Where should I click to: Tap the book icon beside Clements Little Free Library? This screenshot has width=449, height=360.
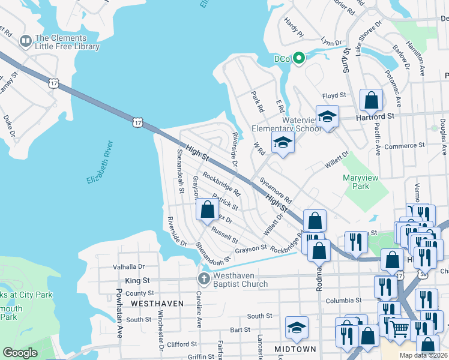click(25, 41)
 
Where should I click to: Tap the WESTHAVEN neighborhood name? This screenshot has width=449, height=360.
click(157, 304)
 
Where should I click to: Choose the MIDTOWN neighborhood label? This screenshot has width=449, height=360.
click(295, 349)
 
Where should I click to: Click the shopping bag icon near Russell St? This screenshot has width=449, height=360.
click(208, 210)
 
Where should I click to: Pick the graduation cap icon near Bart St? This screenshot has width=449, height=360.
click(297, 328)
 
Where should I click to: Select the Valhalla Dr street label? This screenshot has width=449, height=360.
click(129, 266)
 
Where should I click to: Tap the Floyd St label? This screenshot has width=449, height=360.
click(334, 95)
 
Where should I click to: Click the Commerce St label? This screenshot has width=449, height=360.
click(405, 145)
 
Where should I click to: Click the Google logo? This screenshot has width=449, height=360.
click(20, 353)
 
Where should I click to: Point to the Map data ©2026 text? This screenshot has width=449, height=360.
click(422, 355)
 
